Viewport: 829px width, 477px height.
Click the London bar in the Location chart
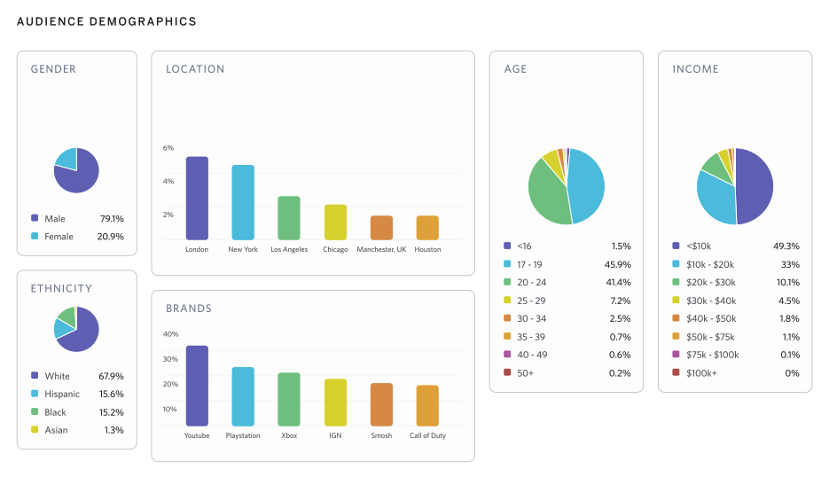click(x=197, y=198)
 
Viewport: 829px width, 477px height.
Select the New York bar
click(x=243, y=202)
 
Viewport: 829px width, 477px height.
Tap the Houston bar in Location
click(x=427, y=228)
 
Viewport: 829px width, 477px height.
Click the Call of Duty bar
click(x=427, y=406)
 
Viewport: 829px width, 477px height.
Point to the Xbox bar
click(x=289, y=400)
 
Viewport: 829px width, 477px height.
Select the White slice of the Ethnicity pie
click(x=81, y=333)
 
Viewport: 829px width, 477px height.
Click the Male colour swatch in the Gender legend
click(x=35, y=218)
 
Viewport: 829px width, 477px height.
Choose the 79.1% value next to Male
click(x=111, y=218)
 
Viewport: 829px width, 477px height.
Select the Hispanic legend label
click(x=62, y=394)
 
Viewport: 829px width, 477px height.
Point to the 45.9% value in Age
click(x=620, y=264)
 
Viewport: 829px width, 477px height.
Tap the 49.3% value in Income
click(x=787, y=246)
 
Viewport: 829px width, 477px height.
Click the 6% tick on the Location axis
click(x=168, y=148)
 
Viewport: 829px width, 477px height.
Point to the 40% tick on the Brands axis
click(x=170, y=334)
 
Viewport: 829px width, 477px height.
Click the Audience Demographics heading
click(x=106, y=21)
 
